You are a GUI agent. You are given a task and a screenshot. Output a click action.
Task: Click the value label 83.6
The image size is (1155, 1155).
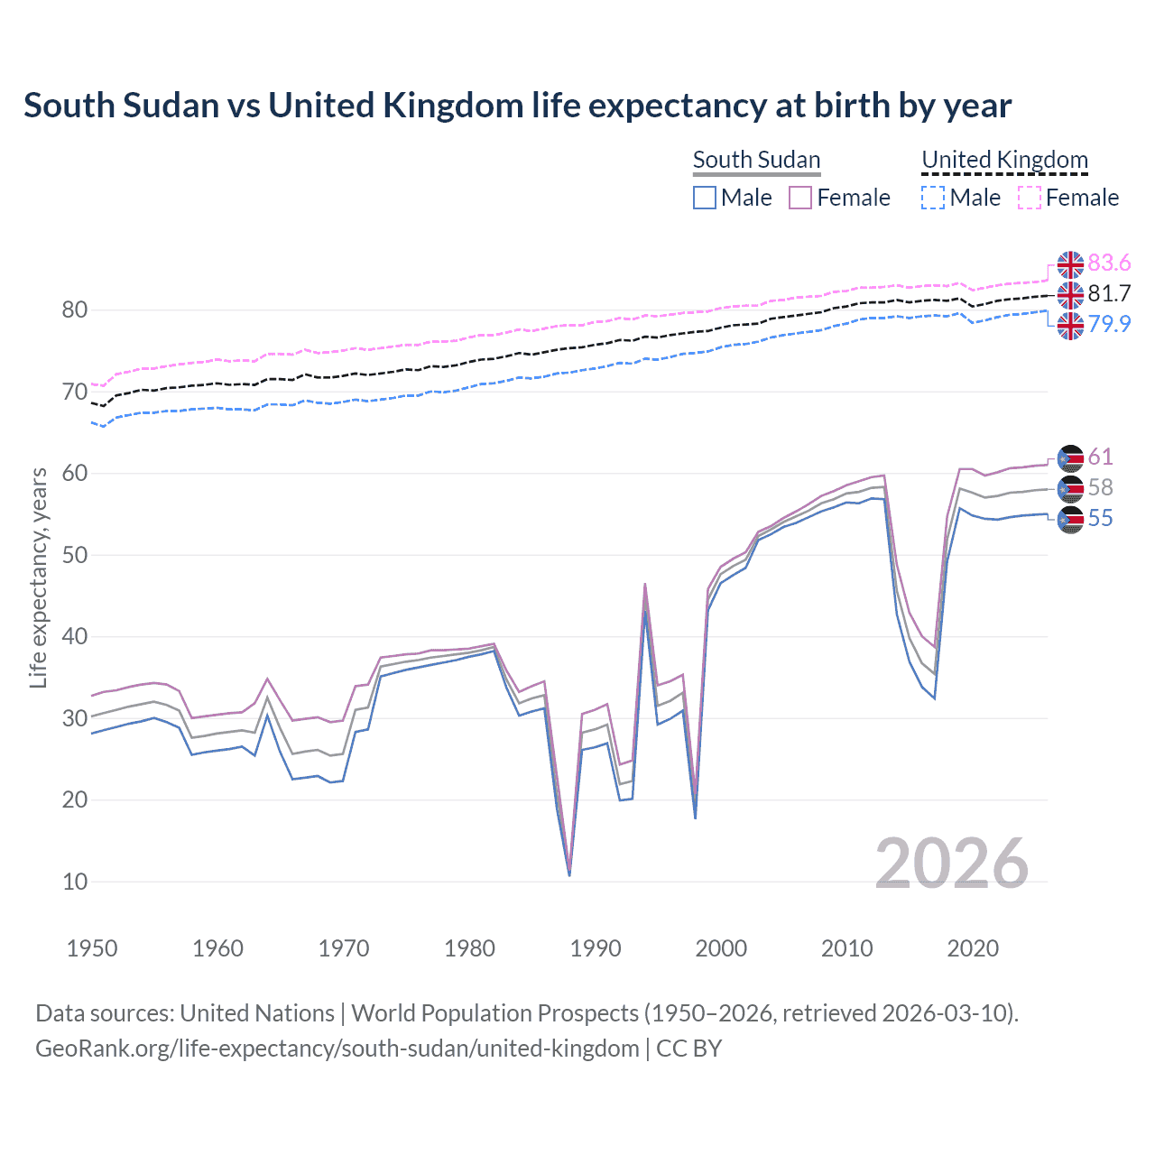tap(1109, 263)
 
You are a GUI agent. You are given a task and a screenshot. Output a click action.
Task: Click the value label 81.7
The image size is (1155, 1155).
tap(1109, 293)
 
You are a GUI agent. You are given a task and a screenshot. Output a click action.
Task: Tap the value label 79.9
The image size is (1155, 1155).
tap(1109, 324)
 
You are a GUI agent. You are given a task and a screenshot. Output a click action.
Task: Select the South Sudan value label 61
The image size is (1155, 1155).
tap(1100, 457)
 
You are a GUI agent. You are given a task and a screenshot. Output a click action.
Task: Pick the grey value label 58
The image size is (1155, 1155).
tap(1100, 487)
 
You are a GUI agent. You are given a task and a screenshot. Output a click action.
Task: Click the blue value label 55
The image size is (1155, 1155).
tap(1100, 518)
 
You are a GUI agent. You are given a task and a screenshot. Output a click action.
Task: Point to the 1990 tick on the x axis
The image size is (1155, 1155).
tap(596, 948)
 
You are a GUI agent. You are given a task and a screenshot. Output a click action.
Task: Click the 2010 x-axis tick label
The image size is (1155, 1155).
tap(847, 948)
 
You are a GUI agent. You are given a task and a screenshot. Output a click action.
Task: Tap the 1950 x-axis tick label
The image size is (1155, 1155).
tap(92, 948)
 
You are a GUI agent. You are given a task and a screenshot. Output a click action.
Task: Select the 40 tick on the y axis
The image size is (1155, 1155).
tap(75, 637)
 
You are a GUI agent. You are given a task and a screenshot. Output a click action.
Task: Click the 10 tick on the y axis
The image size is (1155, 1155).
tap(75, 882)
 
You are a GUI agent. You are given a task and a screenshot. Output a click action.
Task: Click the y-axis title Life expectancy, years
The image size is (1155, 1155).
tap(38, 577)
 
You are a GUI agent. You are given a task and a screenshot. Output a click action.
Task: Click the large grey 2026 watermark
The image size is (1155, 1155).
tap(951, 864)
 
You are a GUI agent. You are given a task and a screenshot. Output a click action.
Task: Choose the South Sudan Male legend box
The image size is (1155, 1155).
tap(705, 198)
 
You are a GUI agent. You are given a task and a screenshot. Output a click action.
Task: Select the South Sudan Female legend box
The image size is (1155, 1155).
tap(800, 198)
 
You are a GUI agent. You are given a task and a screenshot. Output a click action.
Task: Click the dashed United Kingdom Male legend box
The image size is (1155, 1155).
tap(933, 198)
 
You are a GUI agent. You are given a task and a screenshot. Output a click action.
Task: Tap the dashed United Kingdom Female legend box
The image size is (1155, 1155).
tap(1030, 198)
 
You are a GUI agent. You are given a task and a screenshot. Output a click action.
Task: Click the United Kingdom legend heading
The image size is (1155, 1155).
tap(1004, 160)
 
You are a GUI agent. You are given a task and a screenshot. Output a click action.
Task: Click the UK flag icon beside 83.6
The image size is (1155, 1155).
tap(1070, 264)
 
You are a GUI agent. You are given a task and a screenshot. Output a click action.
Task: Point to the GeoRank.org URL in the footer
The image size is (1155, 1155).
tap(337, 1049)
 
